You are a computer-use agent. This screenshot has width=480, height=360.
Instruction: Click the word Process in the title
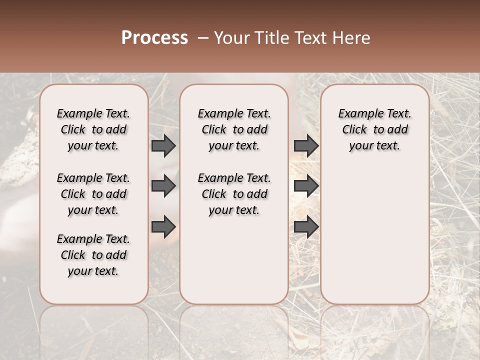point(154,38)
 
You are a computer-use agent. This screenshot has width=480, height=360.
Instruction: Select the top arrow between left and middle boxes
point(163,145)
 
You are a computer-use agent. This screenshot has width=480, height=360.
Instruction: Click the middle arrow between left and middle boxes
point(163,186)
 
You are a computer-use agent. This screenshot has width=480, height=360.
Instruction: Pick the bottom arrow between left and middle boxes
point(163,226)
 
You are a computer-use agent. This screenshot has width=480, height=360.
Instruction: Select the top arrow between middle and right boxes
point(306,145)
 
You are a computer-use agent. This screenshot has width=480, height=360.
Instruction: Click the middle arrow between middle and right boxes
point(306,186)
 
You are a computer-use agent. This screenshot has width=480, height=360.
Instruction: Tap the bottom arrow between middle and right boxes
point(306,226)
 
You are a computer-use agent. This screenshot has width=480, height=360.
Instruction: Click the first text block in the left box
point(93,129)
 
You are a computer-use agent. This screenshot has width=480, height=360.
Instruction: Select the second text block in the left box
point(93,194)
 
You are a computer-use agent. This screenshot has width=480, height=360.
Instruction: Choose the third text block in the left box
point(93,255)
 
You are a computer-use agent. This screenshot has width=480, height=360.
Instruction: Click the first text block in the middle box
point(234,129)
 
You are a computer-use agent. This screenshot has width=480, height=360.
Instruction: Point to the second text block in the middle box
point(234,194)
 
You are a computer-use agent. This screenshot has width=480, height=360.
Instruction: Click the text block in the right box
point(374,129)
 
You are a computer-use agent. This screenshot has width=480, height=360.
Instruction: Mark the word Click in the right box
point(354,130)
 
